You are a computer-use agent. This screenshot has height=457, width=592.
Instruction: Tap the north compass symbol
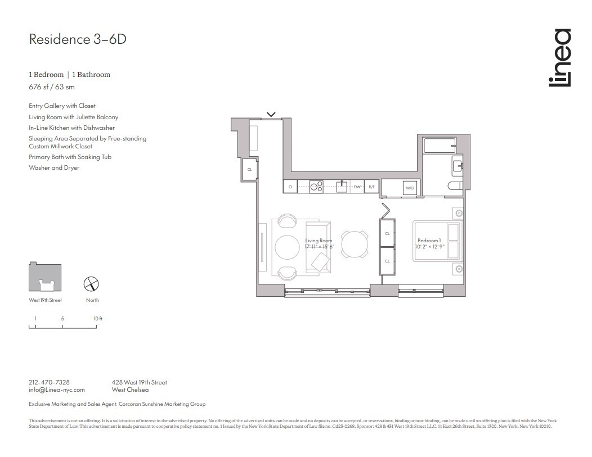click(92, 284)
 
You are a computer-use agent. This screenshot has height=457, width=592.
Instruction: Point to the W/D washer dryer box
click(410, 188)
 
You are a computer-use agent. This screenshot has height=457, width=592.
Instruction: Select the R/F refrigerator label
click(371, 187)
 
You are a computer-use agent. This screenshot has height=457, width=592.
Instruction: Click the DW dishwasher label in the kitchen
click(357, 187)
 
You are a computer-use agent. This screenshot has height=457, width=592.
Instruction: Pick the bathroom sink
click(456, 165)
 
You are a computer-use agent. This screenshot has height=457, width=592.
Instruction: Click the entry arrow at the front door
click(271, 115)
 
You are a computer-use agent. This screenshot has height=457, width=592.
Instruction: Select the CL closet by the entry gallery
click(249, 169)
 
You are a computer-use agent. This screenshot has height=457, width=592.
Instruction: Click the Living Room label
click(319, 241)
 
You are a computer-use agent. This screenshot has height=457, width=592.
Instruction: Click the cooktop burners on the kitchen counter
click(315, 186)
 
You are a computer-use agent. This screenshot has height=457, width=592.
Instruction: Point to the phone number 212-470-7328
click(49, 382)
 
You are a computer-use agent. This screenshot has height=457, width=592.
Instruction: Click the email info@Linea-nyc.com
click(56, 390)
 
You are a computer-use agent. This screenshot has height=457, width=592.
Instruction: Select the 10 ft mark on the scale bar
click(98, 319)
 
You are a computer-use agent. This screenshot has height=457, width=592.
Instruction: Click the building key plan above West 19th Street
click(45, 277)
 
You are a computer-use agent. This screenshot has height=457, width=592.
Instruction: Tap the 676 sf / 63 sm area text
click(52, 87)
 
